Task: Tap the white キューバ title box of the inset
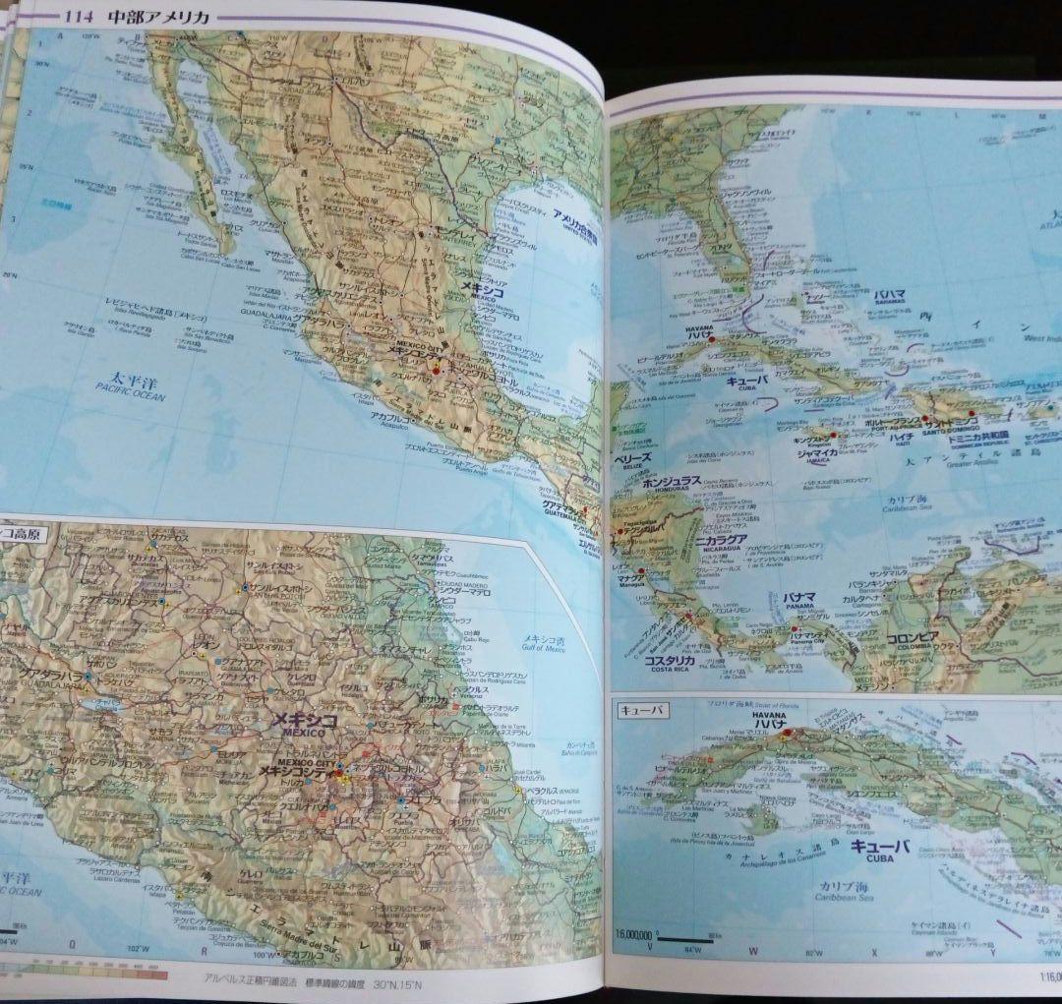pyautogui.click(x=641, y=710)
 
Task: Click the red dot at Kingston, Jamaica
pyautogui.click(x=832, y=434)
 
